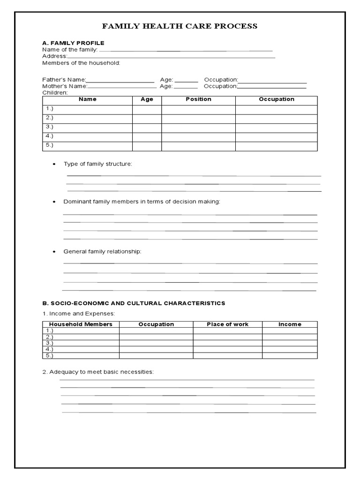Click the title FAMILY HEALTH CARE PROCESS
tap(180, 26)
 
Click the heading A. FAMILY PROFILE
tap(73, 43)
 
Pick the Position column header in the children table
tap(198, 99)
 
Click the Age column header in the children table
tap(147, 99)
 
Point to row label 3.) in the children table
tap(49, 127)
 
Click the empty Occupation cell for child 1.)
tap(276, 109)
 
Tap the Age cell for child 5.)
tap(147, 146)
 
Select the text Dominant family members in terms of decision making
tap(142, 202)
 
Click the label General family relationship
tap(102, 252)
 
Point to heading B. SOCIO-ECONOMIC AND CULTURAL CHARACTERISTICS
tap(134, 303)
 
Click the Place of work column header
tap(227, 324)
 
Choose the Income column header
tap(290, 324)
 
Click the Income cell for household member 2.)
tap(290, 337)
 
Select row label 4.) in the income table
tap(49, 349)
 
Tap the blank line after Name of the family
tap(186, 50)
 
